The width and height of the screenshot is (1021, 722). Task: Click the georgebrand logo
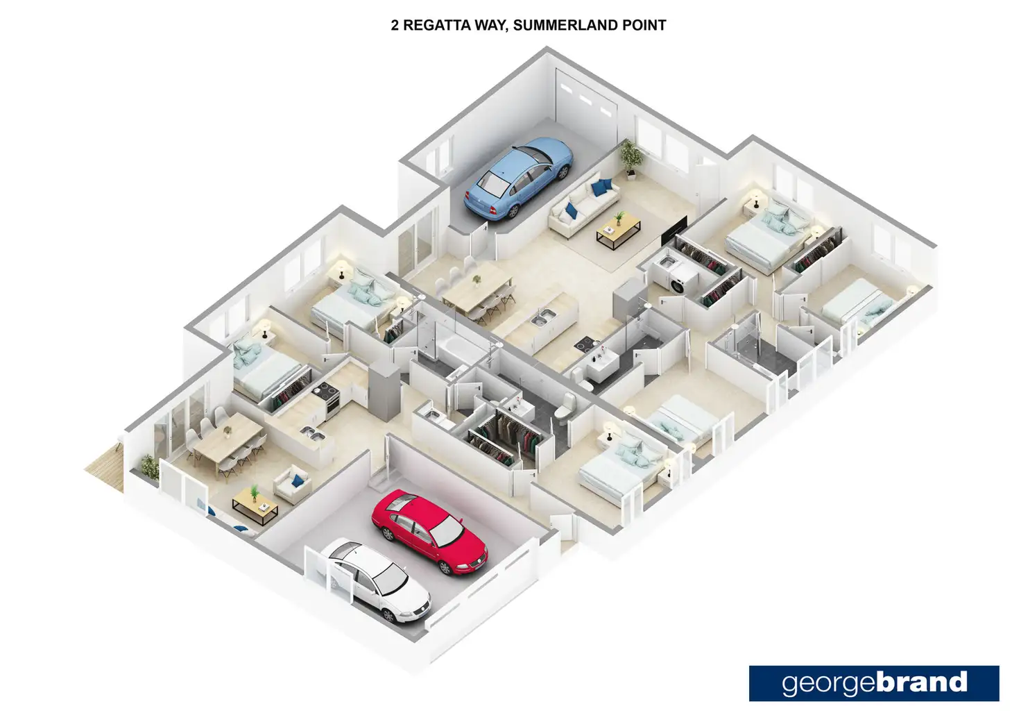click(x=874, y=683)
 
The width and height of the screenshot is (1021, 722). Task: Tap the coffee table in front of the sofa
click(x=619, y=230)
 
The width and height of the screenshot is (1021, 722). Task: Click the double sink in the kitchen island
click(x=542, y=319)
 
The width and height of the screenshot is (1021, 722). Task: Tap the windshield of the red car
click(x=447, y=531)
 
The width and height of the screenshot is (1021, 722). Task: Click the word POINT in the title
click(x=642, y=26)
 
